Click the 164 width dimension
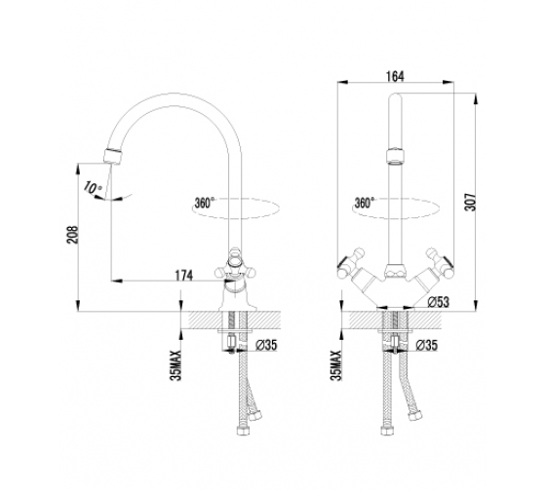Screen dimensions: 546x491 coord(395,77)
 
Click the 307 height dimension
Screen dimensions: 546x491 coord(470,202)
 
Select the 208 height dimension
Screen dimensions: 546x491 coord(73,235)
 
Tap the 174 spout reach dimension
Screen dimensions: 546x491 coord(183,276)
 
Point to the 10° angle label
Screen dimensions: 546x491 coord(92,188)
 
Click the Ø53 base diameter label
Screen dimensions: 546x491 coord(439,302)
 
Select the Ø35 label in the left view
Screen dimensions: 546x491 coord(266,345)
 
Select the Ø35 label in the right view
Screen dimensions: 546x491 coord(427,345)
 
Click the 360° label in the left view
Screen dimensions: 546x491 coord(205,203)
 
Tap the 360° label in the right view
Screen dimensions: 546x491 coord(365,203)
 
